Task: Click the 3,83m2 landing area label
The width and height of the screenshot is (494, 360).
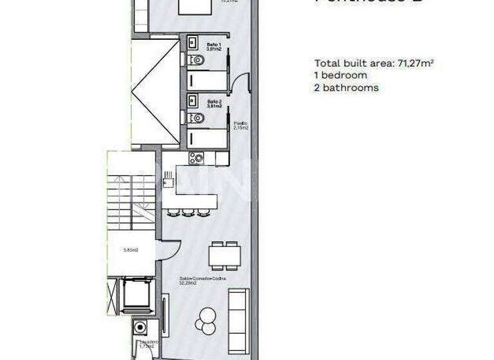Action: (132, 250)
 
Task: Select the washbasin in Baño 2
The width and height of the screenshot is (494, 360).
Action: (193, 100)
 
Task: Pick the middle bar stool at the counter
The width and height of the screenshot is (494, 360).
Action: (188, 212)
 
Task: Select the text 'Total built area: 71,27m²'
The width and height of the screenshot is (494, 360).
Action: (373, 63)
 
